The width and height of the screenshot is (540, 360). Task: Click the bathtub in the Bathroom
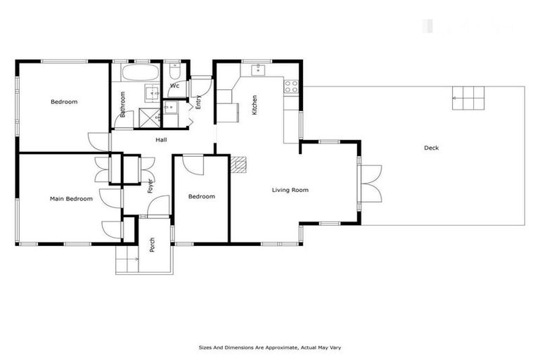141,73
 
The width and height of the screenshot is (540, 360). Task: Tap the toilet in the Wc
176,71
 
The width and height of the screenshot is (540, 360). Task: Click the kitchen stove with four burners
291,86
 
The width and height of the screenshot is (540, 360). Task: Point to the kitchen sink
257,70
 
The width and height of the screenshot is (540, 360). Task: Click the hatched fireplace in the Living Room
242,164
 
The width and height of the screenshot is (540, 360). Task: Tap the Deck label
431,148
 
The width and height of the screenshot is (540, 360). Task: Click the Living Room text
290,190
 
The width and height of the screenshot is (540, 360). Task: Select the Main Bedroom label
71,199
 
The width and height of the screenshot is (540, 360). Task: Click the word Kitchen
255,105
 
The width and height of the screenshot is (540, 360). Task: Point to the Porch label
152,245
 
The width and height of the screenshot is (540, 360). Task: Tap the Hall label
161,140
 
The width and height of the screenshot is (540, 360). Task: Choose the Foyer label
150,186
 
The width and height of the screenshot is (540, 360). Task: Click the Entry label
198,101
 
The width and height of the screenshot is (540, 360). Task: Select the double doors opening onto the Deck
370,183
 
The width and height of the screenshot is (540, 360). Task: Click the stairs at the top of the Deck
469,98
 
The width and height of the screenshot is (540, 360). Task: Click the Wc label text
174,86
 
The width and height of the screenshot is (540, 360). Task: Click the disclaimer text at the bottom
270,347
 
